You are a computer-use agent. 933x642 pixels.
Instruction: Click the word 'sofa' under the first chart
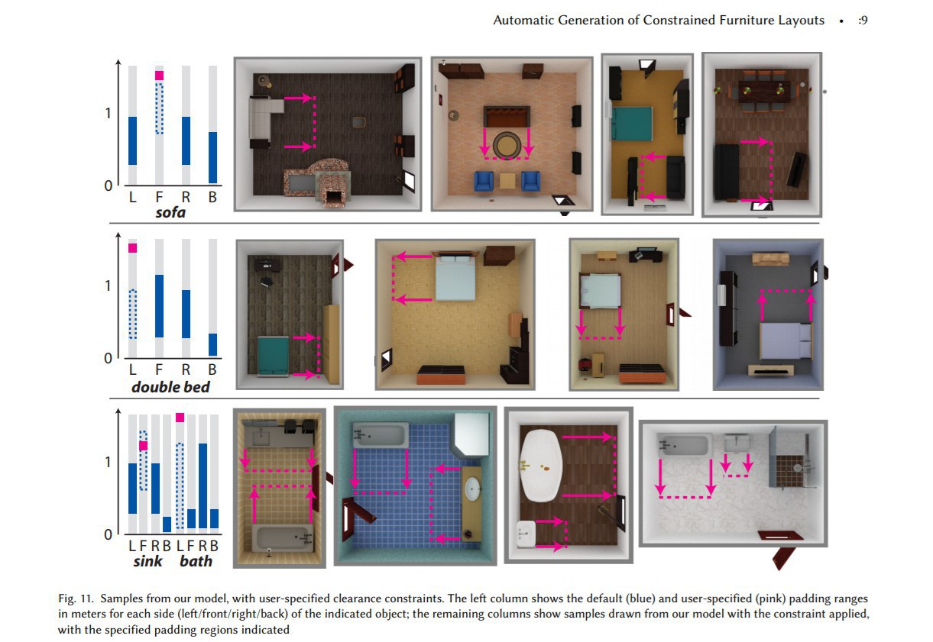(x=170, y=213)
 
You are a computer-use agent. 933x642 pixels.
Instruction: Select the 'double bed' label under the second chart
(x=170, y=387)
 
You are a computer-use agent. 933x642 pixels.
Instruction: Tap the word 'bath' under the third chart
(x=196, y=561)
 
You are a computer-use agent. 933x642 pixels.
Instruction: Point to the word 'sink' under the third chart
(x=148, y=561)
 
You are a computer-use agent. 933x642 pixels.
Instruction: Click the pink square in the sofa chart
(x=159, y=76)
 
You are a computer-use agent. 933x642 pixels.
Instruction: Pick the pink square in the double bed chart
(x=132, y=248)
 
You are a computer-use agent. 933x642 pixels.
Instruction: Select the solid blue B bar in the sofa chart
(x=212, y=158)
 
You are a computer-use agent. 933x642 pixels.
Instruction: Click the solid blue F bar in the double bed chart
(x=159, y=306)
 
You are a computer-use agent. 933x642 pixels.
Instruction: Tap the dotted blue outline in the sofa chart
(x=159, y=108)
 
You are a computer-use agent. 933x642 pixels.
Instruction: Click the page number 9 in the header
(x=864, y=20)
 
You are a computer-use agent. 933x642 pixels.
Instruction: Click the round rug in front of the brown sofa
(x=507, y=146)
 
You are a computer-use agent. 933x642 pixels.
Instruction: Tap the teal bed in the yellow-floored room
(x=631, y=124)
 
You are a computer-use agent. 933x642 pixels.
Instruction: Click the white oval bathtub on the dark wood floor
(x=542, y=466)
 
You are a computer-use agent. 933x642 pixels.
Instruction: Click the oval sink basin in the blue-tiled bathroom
(x=472, y=488)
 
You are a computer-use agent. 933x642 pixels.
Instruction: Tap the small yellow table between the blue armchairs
(x=507, y=181)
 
